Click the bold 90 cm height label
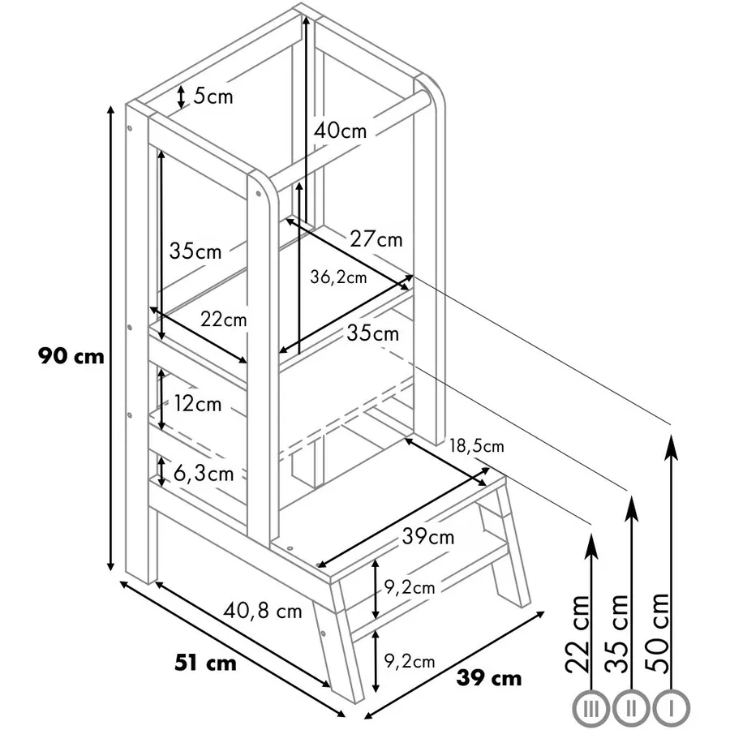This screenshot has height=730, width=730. tap(71, 357)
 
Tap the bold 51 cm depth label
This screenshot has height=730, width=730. tap(205, 663)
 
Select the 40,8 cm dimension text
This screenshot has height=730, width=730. tap(263, 611)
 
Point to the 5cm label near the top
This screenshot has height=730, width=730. tap(213, 97)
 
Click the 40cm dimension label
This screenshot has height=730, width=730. tap(341, 131)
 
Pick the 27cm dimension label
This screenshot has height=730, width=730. tap(376, 238)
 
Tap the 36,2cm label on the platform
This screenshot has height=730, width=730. tap(338, 277)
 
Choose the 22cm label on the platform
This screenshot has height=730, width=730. tap(224, 320)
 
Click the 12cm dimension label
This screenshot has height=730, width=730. tap(198, 403)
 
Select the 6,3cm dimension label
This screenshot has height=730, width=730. tap(204, 474)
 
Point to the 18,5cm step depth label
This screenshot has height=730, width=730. tap(477, 446)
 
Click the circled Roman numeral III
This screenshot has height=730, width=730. tap(590, 709)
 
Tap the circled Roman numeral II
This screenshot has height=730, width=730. tap(631, 709)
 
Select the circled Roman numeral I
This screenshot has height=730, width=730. tap(671, 709)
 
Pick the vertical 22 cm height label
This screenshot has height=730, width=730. tap(578, 634)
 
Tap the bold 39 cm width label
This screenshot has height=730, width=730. tap(489, 678)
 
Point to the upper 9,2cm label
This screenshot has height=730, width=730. tap(410, 587)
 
